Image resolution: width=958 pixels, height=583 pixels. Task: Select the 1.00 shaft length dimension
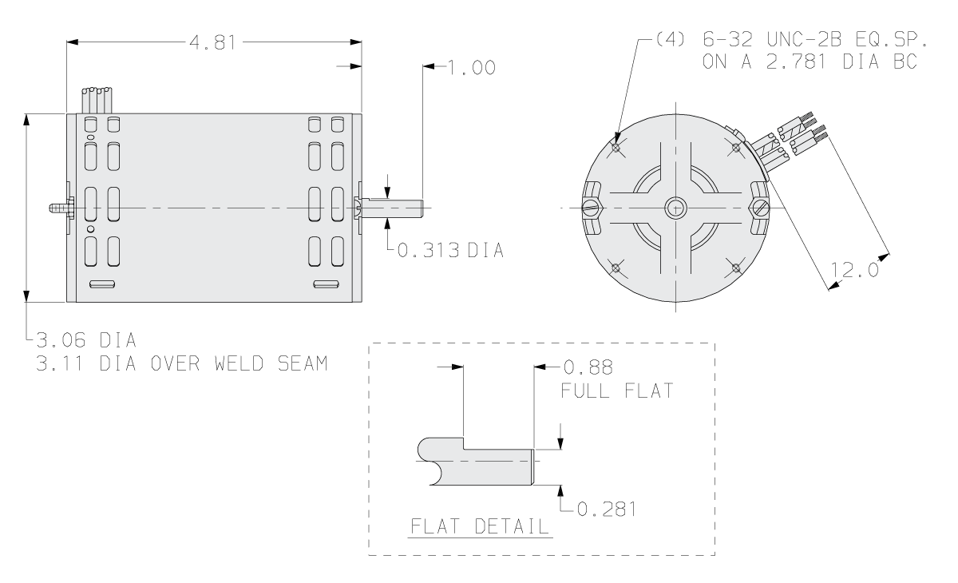(472, 69)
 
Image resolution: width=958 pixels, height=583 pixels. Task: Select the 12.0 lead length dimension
(854, 271)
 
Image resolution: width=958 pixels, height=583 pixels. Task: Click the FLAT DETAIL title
(478, 527)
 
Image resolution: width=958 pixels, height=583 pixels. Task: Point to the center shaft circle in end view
(675, 208)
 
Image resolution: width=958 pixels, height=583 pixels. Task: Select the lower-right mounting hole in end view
(734, 268)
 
